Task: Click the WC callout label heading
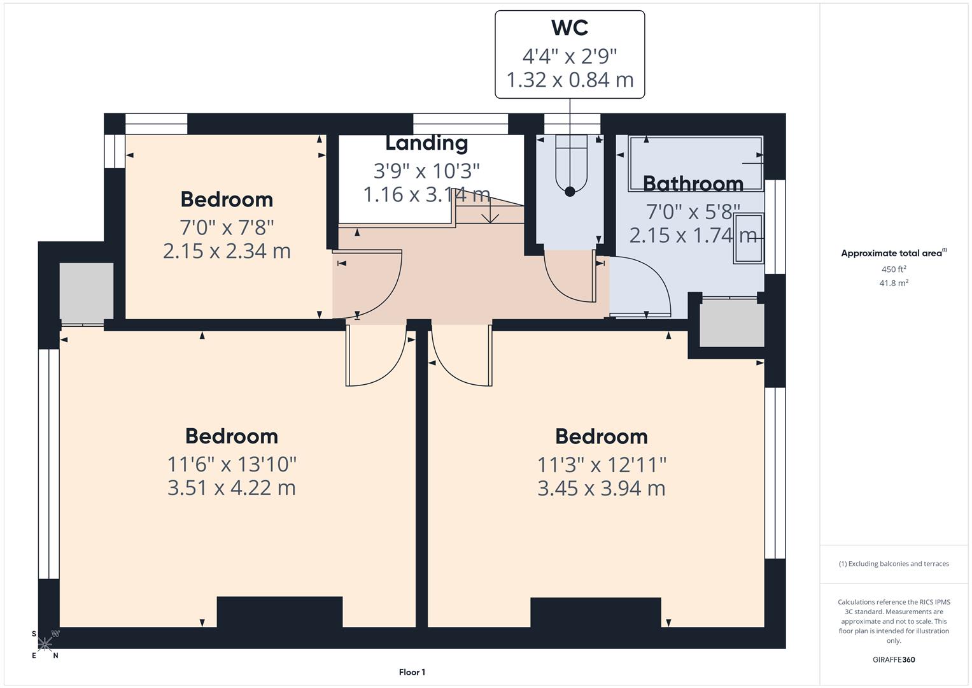coord(570,28)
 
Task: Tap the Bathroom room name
coord(693,183)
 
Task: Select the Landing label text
coord(426,143)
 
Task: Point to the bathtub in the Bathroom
coord(695,163)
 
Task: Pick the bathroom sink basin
coord(749,238)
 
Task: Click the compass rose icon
coord(45,644)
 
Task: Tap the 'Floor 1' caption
coord(412,672)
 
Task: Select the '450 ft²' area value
coord(894,269)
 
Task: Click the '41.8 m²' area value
coord(894,283)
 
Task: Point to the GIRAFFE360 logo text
coord(894,660)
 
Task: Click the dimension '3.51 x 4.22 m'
coord(232,488)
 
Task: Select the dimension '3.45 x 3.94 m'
coord(602,489)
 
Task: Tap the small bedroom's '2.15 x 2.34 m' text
coord(227,251)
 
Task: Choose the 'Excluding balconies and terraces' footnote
coord(894,564)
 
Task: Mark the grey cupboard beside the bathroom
coord(732,324)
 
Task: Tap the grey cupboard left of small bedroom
coord(87,290)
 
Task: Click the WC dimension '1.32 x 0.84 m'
coord(570,80)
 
